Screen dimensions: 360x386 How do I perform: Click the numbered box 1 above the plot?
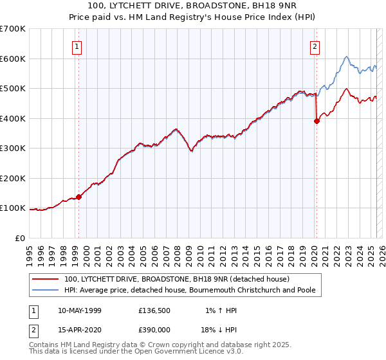coord(77,46)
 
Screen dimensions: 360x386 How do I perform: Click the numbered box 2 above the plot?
coord(315,46)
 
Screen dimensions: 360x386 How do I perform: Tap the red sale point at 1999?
coord(78,197)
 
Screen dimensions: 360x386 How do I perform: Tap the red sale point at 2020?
coord(317,121)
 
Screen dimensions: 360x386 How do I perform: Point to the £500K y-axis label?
coord(13,89)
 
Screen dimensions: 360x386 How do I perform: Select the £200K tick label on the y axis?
coord(13,178)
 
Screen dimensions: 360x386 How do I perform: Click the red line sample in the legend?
coord(46,279)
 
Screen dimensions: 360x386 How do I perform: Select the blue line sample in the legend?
coord(46,290)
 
